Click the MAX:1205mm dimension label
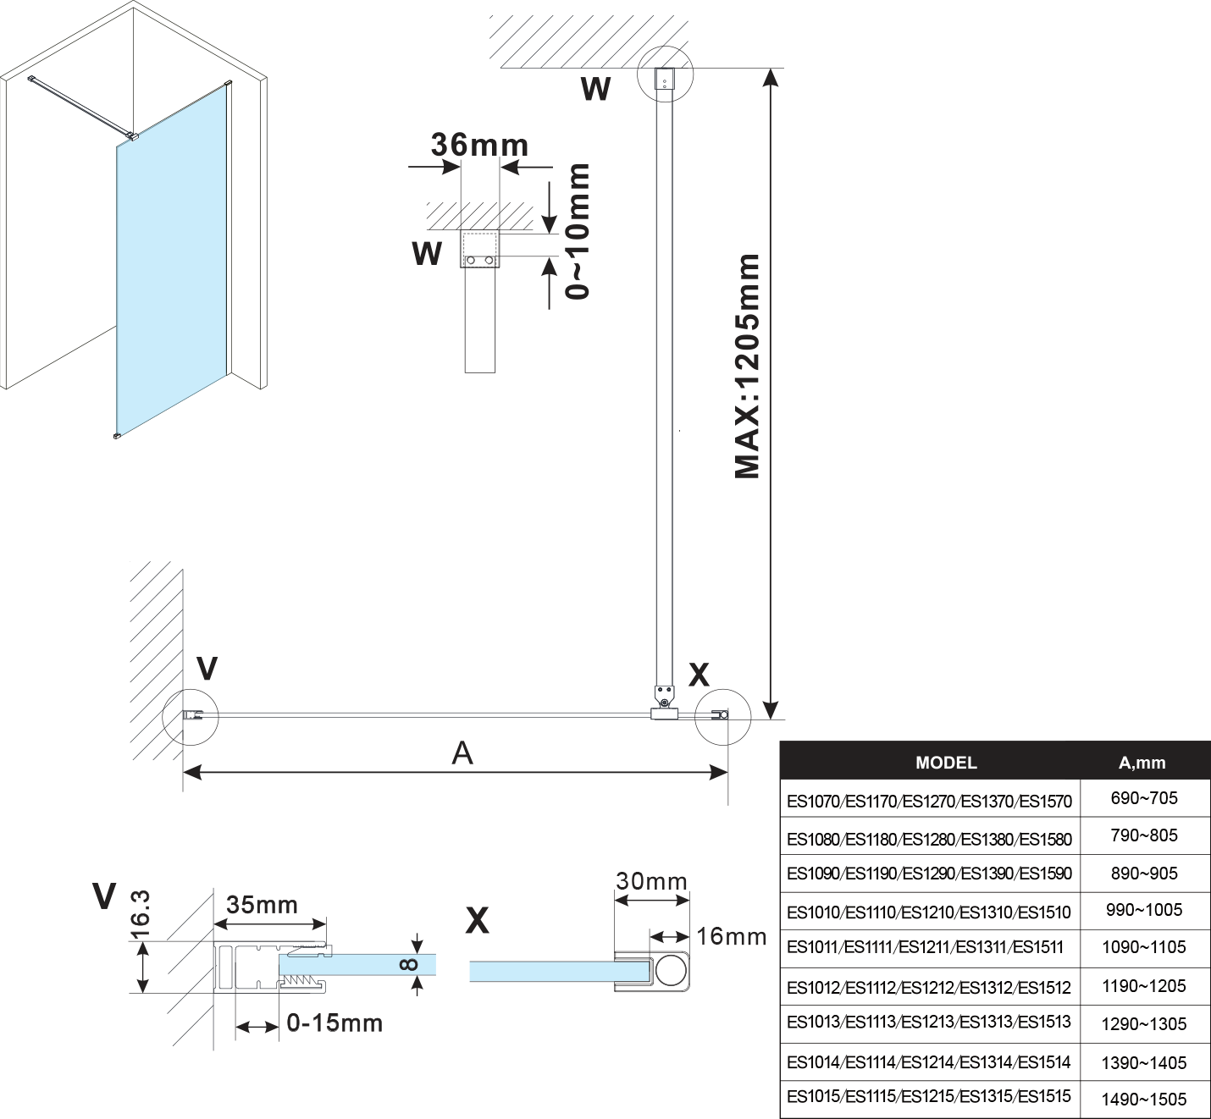pyautogui.click(x=747, y=366)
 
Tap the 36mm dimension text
pyautogui.click(x=479, y=145)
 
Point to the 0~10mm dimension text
pyautogui.click(x=578, y=231)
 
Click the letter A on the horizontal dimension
pyautogui.click(x=462, y=752)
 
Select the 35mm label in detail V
pyautogui.click(x=263, y=905)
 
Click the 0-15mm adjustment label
pyautogui.click(x=335, y=1023)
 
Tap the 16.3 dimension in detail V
pyautogui.click(x=141, y=914)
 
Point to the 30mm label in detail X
pyautogui.click(x=651, y=881)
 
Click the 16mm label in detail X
pyautogui.click(x=732, y=936)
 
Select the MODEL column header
pyautogui.click(x=946, y=763)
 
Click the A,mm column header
pyautogui.click(x=1142, y=763)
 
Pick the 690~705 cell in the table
pyautogui.click(x=1143, y=798)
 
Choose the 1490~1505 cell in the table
pyautogui.click(x=1143, y=1100)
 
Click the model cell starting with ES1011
pyautogui.click(x=925, y=947)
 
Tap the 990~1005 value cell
pyautogui.click(x=1143, y=910)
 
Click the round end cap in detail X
pyautogui.click(x=671, y=970)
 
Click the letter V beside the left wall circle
pyautogui.click(x=207, y=669)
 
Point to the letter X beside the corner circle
pyautogui.click(x=699, y=675)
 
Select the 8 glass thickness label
pyautogui.click(x=408, y=964)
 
